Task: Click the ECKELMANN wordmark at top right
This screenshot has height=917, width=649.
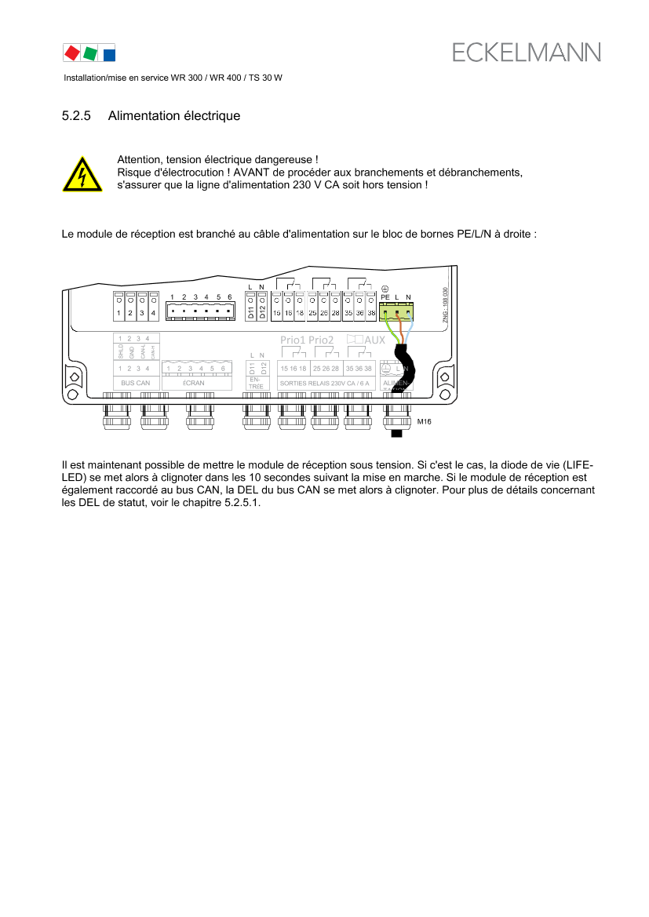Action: click(x=526, y=53)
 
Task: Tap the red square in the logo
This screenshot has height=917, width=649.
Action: click(x=71, y=53)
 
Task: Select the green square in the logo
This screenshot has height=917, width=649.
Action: click(x=89, y=53)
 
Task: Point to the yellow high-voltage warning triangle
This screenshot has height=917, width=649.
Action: click(x=82, y=174)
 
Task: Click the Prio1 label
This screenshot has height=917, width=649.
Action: click(x=293, y=340)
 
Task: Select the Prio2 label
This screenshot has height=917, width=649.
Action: click(x=321, y=340)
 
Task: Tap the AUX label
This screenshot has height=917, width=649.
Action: click(x=375, y=340)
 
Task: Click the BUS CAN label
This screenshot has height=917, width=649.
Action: click(x=136, y=384)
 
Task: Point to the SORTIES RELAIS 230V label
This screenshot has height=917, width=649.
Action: click(x=324, y=384)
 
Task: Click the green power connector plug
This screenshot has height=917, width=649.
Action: click(x=396, y=312)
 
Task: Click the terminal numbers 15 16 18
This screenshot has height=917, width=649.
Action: click(x=293, y=368)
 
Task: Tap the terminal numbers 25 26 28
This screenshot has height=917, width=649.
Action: click(x=326, y=368)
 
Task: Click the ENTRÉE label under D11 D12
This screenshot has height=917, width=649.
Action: click(x=257, y=383)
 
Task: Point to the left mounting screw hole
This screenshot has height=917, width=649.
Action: click(x=72, y=395)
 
